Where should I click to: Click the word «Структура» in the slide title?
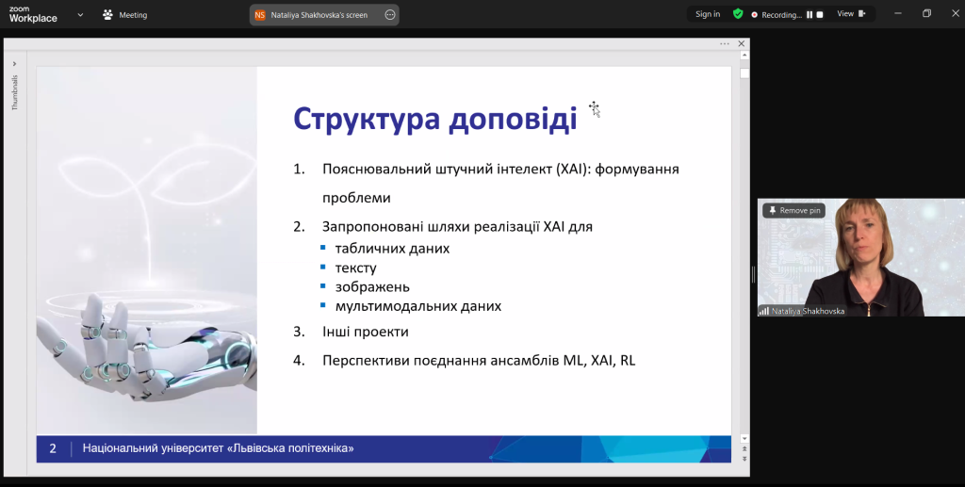pyautogui.click(x=367, y=120)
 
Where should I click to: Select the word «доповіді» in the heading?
pyautogui.click(x=513, y=118)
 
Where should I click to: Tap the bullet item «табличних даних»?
pyautogui.click(x=392, y=249)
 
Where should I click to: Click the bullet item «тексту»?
pyautogui.click(x=355, y=268)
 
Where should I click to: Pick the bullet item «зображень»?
pyautogui.click(x=372, y=287)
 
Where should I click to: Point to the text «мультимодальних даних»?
pyautogui.click(x=417, y=306)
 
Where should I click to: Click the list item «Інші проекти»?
pyautogui.click(x=366, y=332)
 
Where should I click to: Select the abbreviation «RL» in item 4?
pyautogui.click(x=628, y=361)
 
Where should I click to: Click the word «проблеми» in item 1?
pyautogui.click(x=356, y=198)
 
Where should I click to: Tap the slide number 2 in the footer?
pyautogui.click(x=53, y=449)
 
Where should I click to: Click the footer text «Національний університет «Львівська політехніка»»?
pyautogui.click(x=218, y=448)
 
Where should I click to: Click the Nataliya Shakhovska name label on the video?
pyautogui.click(x=808, y=311)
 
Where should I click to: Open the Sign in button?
pyautogui.click(x=708, y=14)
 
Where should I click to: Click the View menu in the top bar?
pyautogui.click(x=851, y=13)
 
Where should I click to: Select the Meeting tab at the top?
pyautogui.click(x=125, y=15)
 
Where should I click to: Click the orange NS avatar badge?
pyautogui.click(x=260, y=15)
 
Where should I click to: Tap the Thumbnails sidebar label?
pyautogui.click(x=15, y=93)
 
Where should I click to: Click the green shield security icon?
pyautogui.click(x=738, y=13)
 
